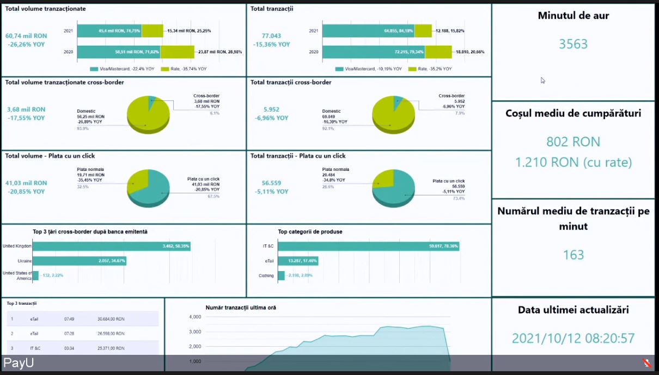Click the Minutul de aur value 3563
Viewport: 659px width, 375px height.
click(x=573, y=44)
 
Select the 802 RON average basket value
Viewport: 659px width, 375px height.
click(x=573, y=142)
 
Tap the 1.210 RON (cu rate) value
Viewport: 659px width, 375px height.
click(x=573, y=162)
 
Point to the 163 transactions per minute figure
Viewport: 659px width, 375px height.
click(x=573, y=255)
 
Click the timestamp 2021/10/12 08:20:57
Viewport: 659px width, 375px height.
click(x=573, y=338)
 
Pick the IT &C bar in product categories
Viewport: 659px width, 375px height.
click(x=368, y=246)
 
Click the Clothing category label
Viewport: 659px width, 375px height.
click(x=266, y=276)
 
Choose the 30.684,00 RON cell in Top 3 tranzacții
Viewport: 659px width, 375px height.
click(x=111, y=319)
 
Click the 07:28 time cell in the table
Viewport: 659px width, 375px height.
click(x=69, y=333)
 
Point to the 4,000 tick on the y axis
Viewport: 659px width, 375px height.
click(x=194, y=317)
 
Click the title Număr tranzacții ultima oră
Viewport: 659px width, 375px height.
click(x=241, y=308)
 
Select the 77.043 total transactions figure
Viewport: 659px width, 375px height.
click(x=271, y=36)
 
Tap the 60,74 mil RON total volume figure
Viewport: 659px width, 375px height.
click(x=26, y=36)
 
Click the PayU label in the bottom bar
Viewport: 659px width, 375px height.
click(x=19, y=363)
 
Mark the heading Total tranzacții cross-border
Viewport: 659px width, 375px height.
click(x=291, y=82)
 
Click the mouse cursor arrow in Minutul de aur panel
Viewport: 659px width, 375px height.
click(x=542, y=81)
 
